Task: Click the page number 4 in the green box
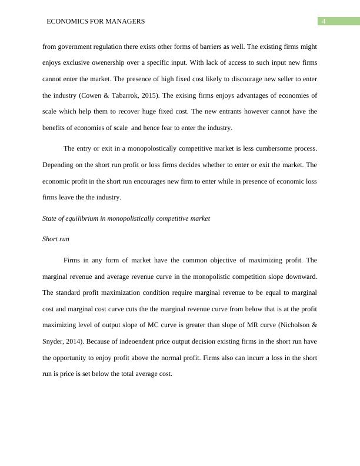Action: (x=323, y=22)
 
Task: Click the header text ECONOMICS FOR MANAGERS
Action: (x=96, y=22)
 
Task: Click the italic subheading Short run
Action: (x=55, y=239)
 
